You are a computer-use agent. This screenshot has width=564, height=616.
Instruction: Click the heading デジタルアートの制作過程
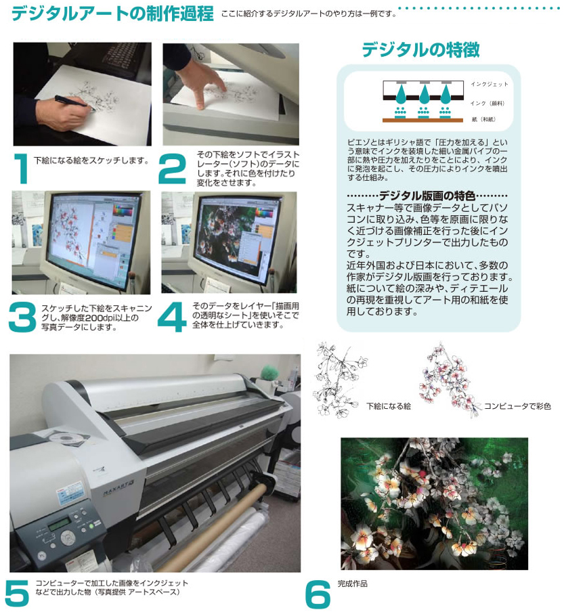point(112,13)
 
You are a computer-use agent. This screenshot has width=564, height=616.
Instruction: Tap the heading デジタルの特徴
point(420,50)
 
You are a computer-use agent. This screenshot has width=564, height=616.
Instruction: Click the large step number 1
point(21,169)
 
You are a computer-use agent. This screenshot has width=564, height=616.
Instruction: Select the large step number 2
point(172,169)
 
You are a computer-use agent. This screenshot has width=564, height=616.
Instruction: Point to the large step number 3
point(22,317)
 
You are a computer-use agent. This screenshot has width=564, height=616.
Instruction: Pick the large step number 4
point(172,317)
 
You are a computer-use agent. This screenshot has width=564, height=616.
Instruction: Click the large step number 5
point(18,593)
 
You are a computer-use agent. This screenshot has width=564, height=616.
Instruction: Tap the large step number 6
point(318,594)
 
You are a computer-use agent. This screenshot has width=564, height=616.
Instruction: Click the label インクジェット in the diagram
point(490,84)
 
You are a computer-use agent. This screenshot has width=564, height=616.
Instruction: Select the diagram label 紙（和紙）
point(483,119)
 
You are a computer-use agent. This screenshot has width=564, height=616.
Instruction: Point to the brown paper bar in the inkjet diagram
point(422,120)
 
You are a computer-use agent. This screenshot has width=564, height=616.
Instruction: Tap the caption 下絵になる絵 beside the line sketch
point(389,406)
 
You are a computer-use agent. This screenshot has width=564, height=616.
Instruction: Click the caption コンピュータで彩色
point(517,406)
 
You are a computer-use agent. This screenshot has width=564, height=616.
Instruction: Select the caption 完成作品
point(353,584)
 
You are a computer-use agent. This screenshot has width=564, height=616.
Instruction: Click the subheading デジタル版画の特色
point(427,196)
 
